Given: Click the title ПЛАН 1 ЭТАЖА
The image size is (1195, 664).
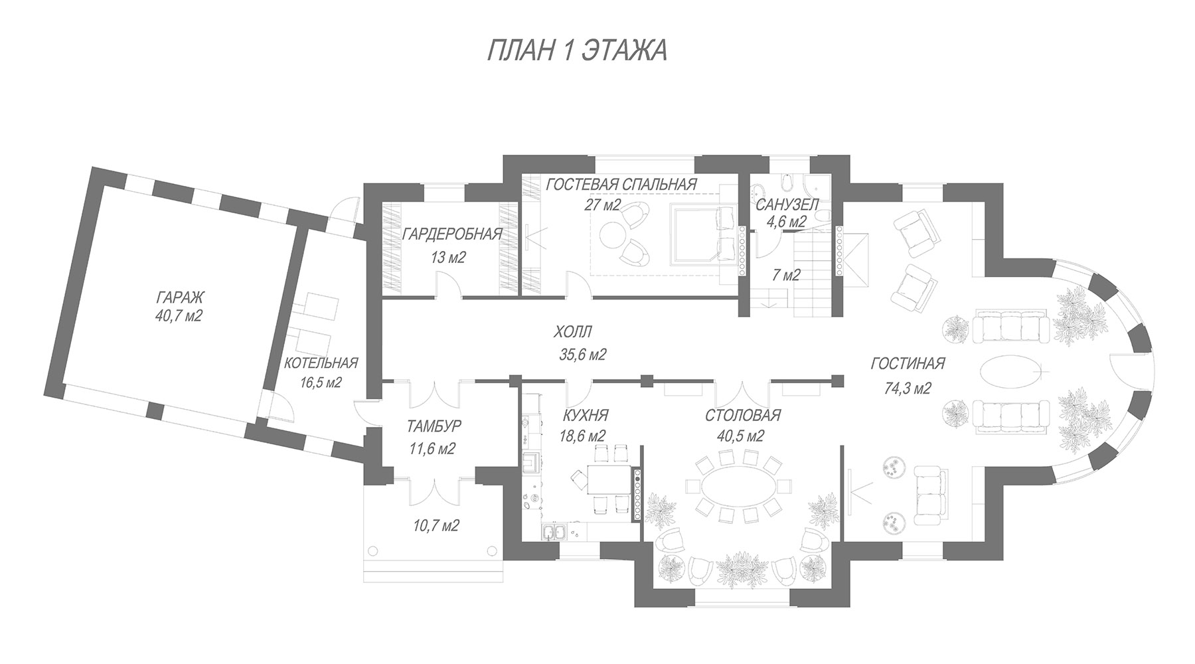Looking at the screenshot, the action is point(576,50).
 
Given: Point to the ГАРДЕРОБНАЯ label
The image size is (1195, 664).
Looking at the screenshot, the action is point(452,234).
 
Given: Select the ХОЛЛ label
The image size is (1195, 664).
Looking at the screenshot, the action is point(572,331).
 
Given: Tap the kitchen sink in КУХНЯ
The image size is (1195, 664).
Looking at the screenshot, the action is point(552,533).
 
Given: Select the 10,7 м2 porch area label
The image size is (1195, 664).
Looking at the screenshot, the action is point(436,527).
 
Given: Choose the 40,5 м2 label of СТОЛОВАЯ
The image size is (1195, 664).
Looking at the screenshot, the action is point(742,436).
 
